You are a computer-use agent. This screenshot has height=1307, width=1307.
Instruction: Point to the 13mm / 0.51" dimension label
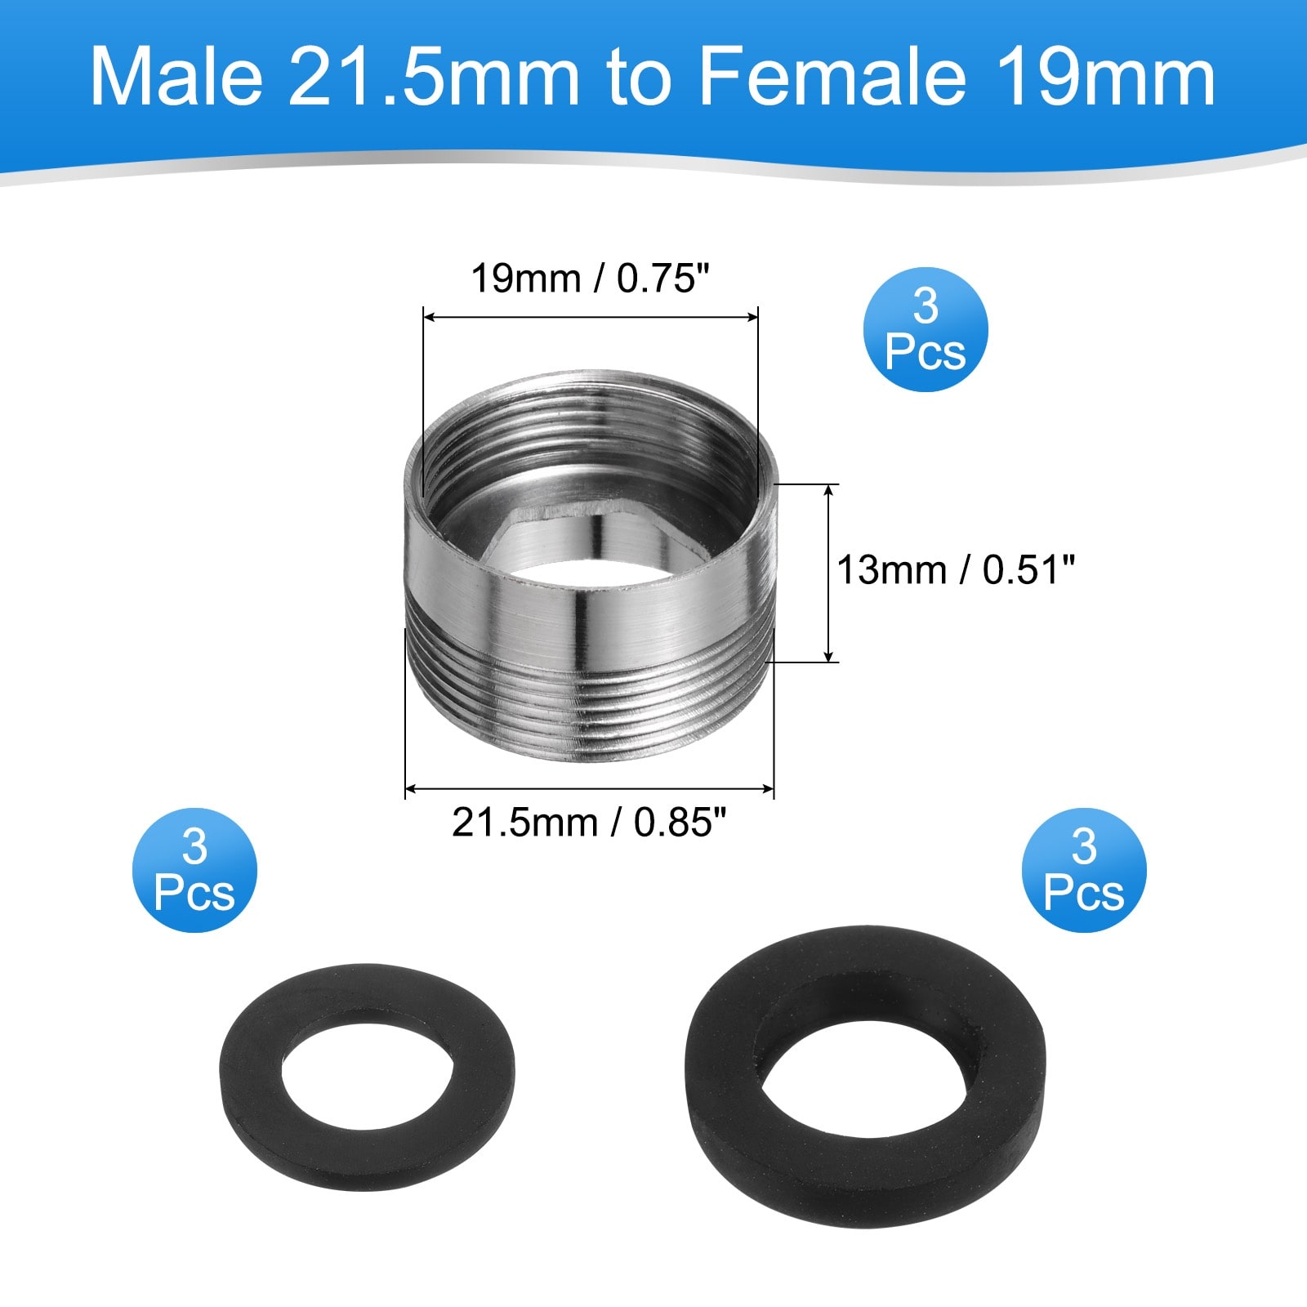pos(955,569)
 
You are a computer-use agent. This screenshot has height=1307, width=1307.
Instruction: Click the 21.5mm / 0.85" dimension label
pos(589,823)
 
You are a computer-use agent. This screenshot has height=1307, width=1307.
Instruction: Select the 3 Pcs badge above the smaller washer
pos(194,870)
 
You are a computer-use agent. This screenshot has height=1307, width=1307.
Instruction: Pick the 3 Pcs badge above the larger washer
pos(1084,870)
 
